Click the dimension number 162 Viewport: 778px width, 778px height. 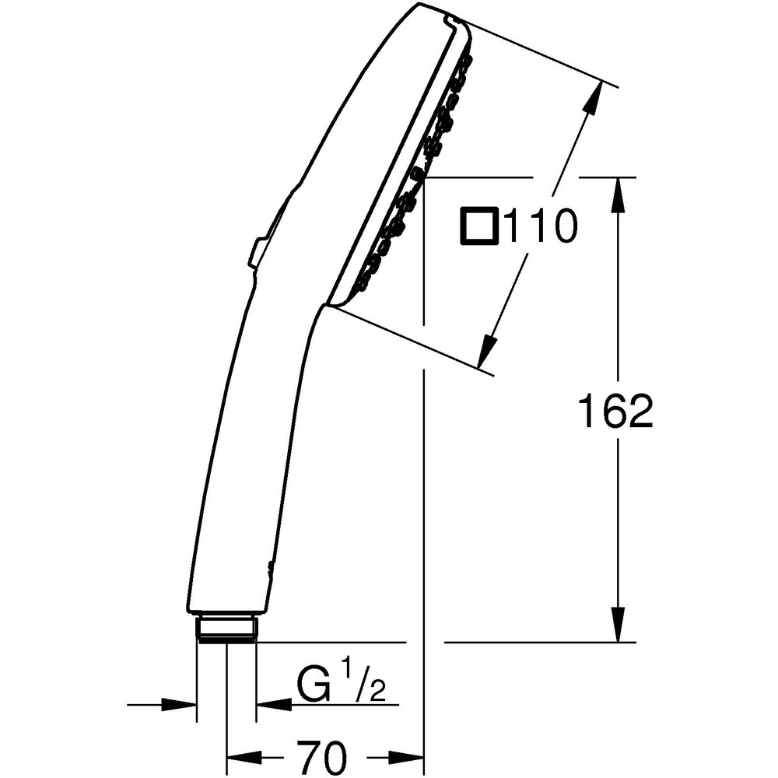(615, 412)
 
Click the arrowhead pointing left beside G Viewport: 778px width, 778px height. (271, 705)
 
